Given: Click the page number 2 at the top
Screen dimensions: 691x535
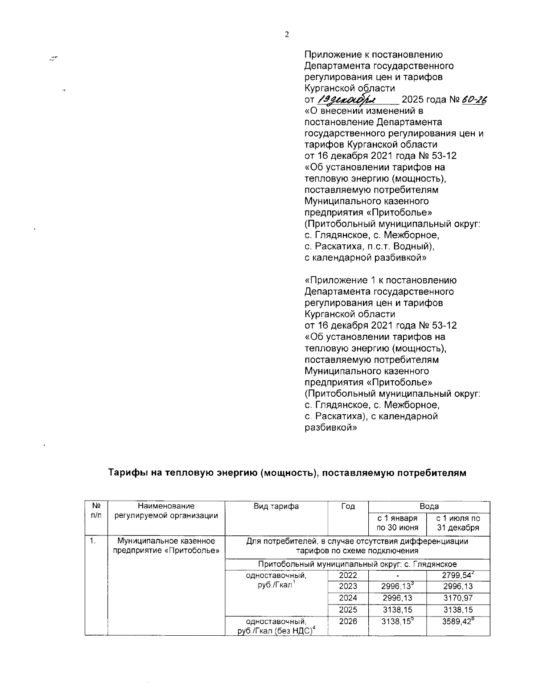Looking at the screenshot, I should pyautogui.click(x=287, y=35).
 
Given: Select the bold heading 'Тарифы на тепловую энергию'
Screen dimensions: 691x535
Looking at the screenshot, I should pyautogui.click(x=288, y=473).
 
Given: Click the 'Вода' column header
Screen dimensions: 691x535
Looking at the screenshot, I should pyautogui.click(x=429, y=506).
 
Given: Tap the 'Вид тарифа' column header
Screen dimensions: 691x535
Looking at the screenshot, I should pyautogui.click(x=276, y=506).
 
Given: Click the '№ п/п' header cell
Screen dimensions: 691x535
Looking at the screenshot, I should pyautogui.click(x=96, y=511).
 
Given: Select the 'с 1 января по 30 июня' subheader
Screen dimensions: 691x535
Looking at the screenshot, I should pyautogui.click(x=397, y=523).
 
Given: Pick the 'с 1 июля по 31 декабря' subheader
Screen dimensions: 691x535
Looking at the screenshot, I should pyautogui.click(x=458, y=523).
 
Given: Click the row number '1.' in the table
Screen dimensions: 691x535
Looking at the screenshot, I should pyautogui.click(x=93, y=541).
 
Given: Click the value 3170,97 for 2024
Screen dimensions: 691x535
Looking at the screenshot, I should pyautogui.click(x=458, y=598).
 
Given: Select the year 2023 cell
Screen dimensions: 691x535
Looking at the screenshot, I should pyautogui.click(x=348, y=586).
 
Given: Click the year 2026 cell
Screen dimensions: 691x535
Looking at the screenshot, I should pyautogui.click(x=348, y=621).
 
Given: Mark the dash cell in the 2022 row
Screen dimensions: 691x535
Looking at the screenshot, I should pyautogui.click(x=397, y=576).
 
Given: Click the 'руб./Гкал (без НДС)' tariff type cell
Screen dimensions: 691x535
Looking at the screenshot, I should pyautogui.click(x=276, y=626).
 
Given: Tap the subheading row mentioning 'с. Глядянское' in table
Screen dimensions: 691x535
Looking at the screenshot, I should pyautogui.click(x=358, y=564).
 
